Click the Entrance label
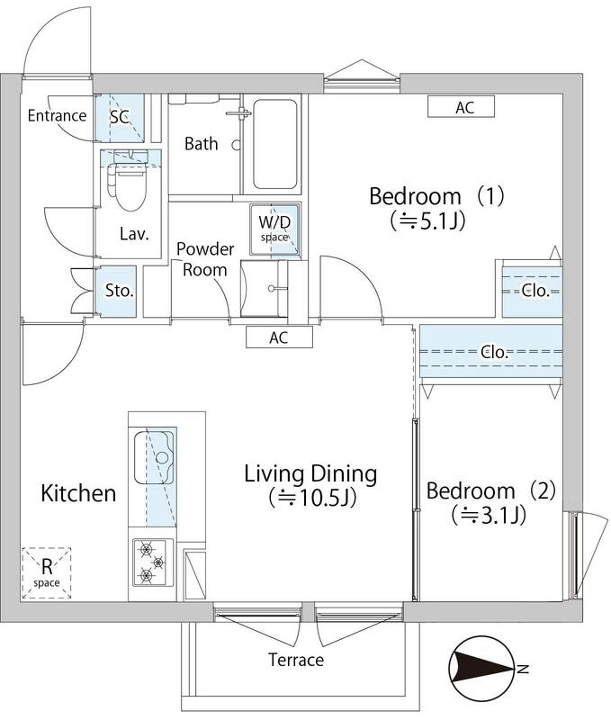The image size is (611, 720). (57, 116)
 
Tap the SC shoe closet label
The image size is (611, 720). (120, 117)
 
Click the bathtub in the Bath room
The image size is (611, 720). (274, 144)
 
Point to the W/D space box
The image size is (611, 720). (275, 229)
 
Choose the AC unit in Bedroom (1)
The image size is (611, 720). (461, 107)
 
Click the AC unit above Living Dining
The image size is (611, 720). (279, 337)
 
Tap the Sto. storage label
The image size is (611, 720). (120, 291)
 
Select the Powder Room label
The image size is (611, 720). (205, 259)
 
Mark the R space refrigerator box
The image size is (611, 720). (47, 573)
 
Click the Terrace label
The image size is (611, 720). (296, 660)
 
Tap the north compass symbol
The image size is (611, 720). (481, 669)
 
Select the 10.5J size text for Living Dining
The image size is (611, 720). (312, 497)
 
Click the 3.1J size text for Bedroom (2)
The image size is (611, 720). (489, 515)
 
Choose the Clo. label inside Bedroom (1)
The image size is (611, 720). (535, 290)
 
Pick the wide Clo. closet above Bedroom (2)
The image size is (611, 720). (490, 351)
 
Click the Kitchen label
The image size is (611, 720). (78, 493)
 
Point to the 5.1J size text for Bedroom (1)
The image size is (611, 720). (428, 220)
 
